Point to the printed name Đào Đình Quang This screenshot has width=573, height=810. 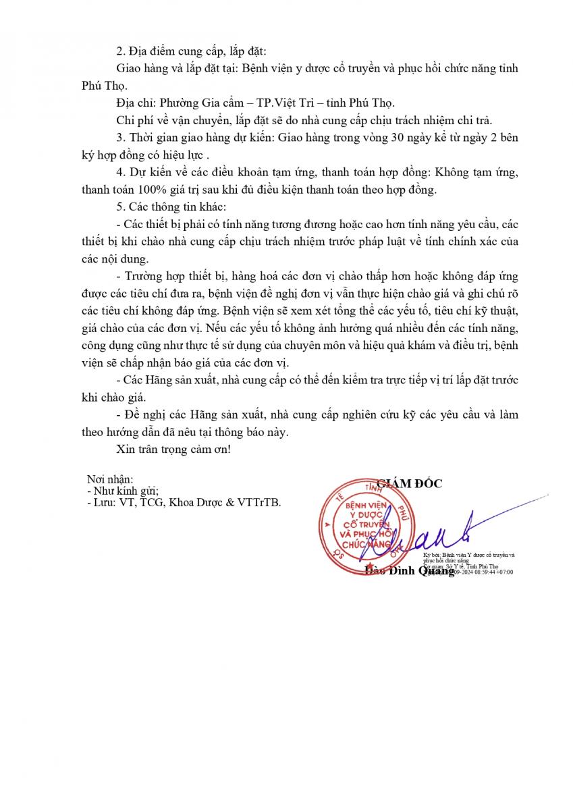click(410, 571)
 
